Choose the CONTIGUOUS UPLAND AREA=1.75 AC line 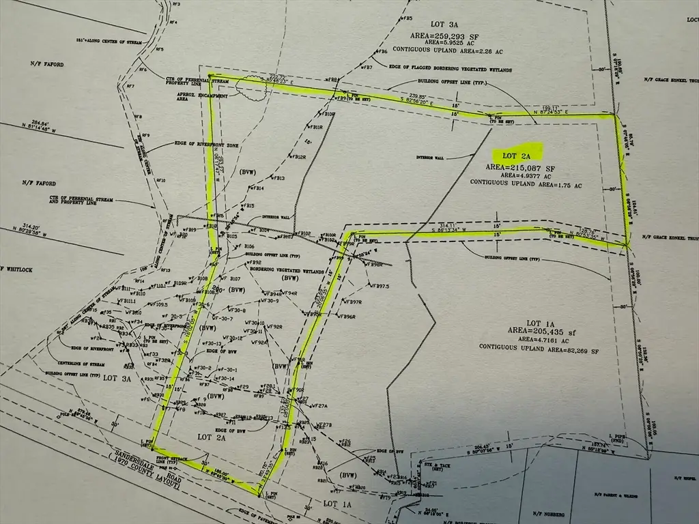click(525, 185)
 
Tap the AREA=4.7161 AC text click(539, 340)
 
